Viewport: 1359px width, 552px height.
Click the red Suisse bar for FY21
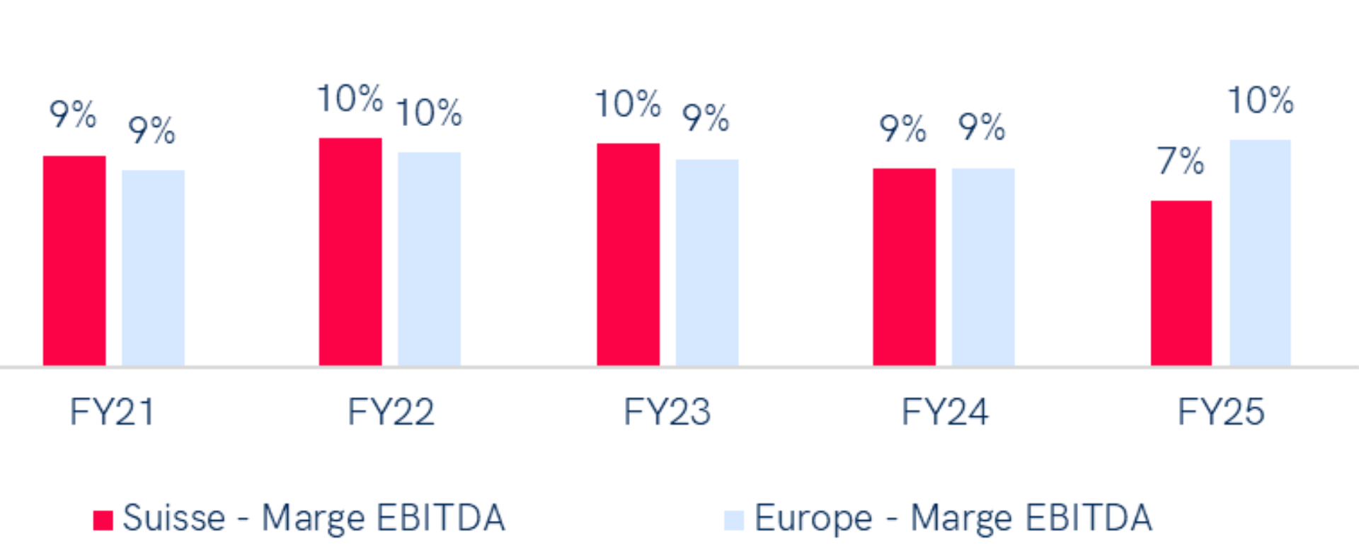tap(74, 260)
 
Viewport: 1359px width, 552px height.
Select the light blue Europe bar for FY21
tap(153, 267)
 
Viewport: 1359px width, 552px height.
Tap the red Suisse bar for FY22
tap(350, 251)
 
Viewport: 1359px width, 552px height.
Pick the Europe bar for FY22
tap(429, 258)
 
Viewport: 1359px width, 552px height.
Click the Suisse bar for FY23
tap(628, 253)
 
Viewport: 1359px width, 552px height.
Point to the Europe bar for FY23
tap(707, 262)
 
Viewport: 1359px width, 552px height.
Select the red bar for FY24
tap(904, 266)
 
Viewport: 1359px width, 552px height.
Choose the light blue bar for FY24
tap(983, 266)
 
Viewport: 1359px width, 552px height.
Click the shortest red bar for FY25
tap(1181, 282)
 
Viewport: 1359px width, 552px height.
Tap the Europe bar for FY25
tap(1260, 252)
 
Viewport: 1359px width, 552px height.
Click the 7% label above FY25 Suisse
tap(1181, 161)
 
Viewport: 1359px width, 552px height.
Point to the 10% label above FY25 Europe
tap(1260, 100)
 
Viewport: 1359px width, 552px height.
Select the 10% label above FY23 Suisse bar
tap(627, 105)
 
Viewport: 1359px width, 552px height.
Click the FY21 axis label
tap(112, 412)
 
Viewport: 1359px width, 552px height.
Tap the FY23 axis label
tap(667, 412)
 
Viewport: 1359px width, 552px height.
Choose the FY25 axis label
tap(1220, 412)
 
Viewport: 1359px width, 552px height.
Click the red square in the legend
tap(103, 519)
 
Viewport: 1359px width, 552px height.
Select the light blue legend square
tap(734, 519)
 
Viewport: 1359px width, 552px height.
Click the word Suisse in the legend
tap(174, 518)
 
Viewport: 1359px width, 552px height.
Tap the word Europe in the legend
tap(813, 519)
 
